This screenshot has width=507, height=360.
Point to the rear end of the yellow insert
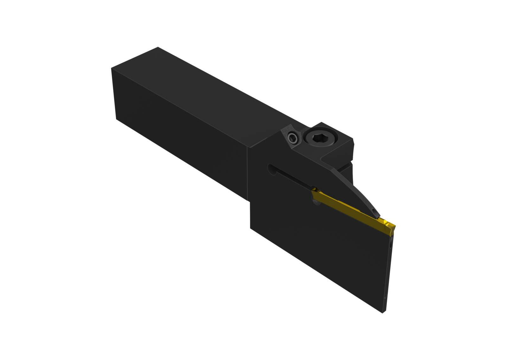coord(315,192)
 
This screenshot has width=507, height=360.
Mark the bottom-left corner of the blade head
coord(251,228)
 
